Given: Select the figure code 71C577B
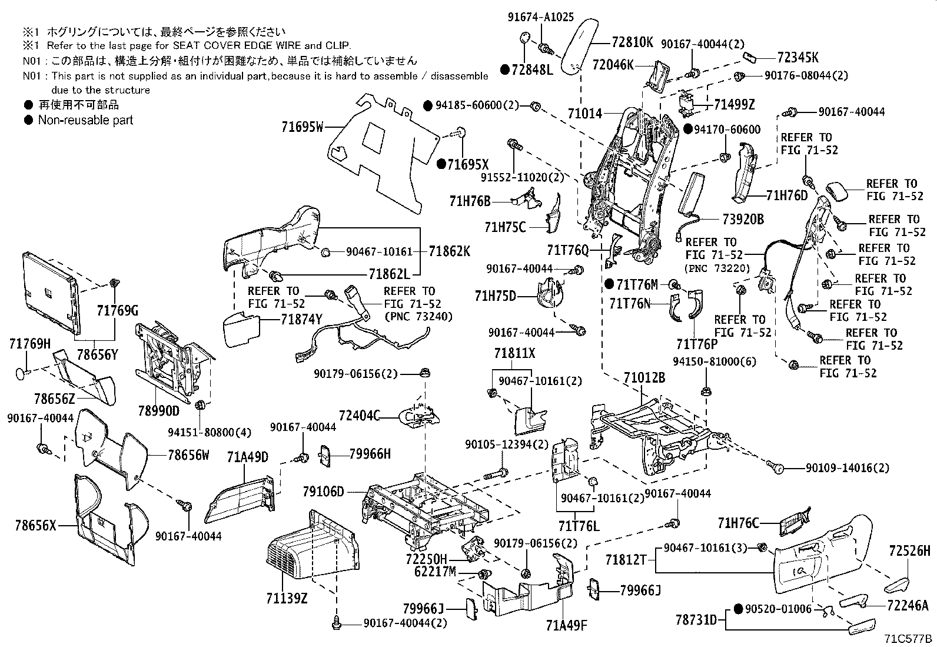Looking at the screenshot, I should pyautogui.click(x=908, y=638).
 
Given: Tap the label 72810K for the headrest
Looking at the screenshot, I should pyautogui.click(x=632, y=42).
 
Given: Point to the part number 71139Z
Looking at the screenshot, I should pyautogui.click(x=287, y=599).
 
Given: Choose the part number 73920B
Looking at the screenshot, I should pyautogui.click(x=743, y=219).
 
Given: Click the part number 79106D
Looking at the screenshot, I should pyautogui.click(x=323, y=491).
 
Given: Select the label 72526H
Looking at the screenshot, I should pyautogui.click(x=909, y=552).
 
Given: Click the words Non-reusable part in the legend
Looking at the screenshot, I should pyautogui.click(x=85, y=120).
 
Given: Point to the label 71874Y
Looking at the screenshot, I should pyautogui.click(x=302, y=320).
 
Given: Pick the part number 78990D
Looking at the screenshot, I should pyautogui.click(x=158, y=410).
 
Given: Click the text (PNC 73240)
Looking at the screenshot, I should pyautogui.click(x=418, y=317).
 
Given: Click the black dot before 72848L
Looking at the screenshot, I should pyautogui.click(x=504, y=69).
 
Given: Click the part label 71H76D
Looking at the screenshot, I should pyautogui.click(x=787, y=195).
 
